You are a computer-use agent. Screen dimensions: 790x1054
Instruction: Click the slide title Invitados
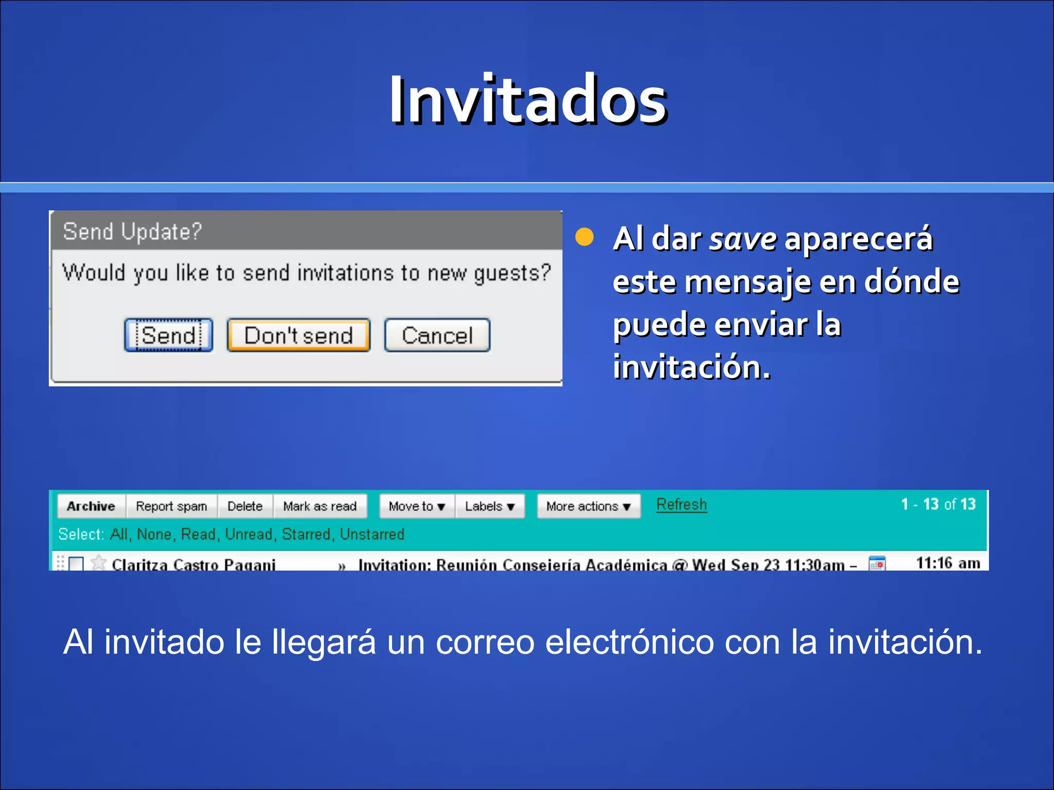(528, 100)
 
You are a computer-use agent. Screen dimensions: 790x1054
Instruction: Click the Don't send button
(298, 336)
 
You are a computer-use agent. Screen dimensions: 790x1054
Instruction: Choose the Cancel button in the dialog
(437, 336)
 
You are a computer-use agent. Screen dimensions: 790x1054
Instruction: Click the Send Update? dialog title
(132, 231)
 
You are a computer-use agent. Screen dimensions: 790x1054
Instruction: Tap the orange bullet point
(584, 238)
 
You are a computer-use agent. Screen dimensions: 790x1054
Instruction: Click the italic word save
(743, 239)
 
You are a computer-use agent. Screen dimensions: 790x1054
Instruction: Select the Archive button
(91, 506)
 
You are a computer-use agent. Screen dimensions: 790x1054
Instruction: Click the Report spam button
(171, 506)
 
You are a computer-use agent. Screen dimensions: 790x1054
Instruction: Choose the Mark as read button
(320, 506)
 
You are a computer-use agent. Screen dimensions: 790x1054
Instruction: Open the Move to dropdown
(417, 506)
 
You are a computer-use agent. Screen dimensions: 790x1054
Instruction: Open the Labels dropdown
(489, 506)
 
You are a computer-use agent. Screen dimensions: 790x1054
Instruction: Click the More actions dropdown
(588, 506)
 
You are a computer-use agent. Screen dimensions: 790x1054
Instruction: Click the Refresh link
(681, 505)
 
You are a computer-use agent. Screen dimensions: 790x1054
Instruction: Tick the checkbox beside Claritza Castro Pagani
(76, 564)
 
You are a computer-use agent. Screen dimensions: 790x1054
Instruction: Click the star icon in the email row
(98, 563)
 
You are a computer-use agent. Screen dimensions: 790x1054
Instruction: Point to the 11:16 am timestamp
(948, 563)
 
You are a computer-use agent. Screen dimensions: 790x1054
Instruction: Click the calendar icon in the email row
(877, 564)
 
